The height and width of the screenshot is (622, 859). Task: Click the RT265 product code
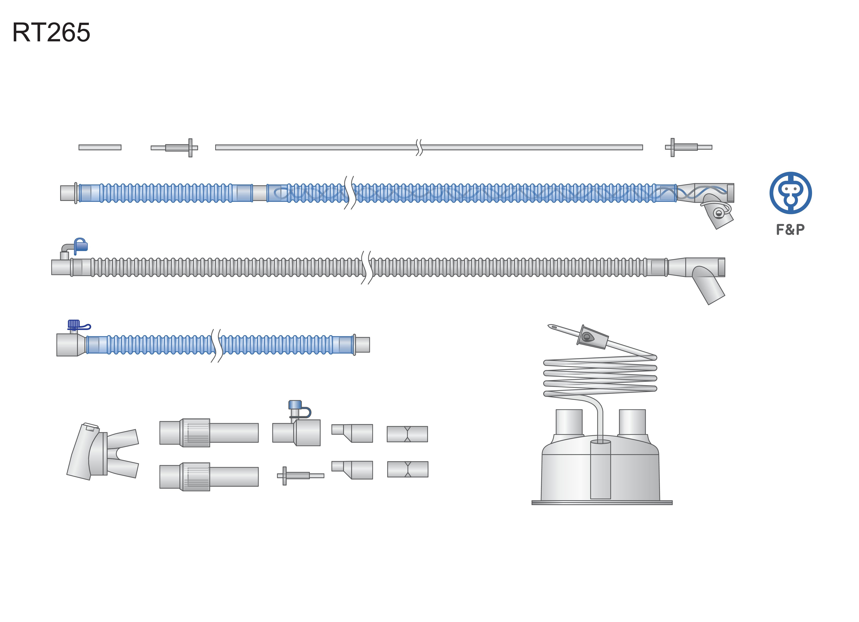(51, 32)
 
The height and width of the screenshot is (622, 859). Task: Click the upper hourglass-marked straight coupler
(407, 434)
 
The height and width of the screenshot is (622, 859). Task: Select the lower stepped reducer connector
(352, 470)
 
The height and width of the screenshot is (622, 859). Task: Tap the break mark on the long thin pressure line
(419, 147)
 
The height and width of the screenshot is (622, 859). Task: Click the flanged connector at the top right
(689, 147)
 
